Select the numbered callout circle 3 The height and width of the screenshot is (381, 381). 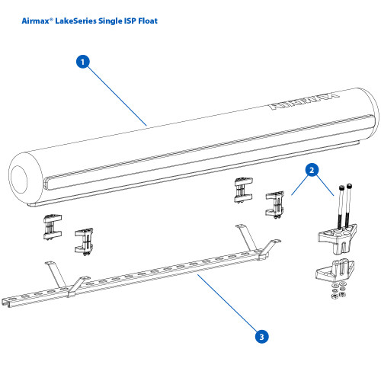tap(261, 335)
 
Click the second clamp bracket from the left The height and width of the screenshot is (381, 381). tap(84, 240)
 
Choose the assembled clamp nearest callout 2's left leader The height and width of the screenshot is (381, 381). tap(274, 203)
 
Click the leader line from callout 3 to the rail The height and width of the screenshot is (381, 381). tap(229, 305)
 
